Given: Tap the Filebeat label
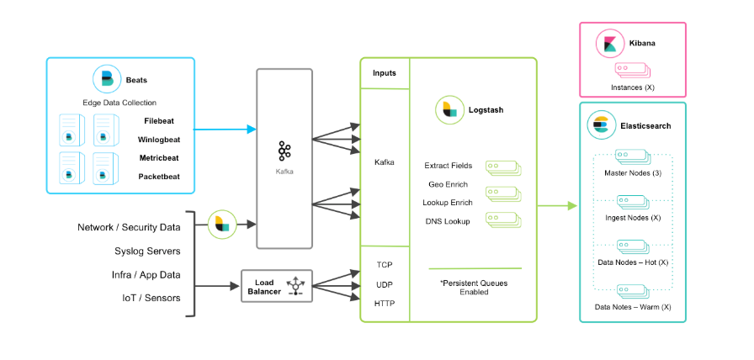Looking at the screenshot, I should [x=161, y=120].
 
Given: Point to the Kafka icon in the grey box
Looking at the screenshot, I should [x=284, y=151].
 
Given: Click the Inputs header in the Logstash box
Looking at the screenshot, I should [x=385, y=73].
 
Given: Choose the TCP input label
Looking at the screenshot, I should [x=385, y=265].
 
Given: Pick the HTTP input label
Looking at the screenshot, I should [x=385, y=303].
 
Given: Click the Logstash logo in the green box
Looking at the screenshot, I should [x=449, y=110].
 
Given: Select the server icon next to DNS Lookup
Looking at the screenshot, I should [x=502, y=220].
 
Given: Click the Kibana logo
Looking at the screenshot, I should [x=608, y=43].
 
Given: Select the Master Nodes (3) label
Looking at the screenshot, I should [x=632, y=173].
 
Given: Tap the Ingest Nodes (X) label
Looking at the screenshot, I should [x=632, y=218].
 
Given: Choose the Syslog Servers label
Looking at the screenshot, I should [x=147, y=251].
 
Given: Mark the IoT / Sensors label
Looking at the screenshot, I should [x=151, y=298].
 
